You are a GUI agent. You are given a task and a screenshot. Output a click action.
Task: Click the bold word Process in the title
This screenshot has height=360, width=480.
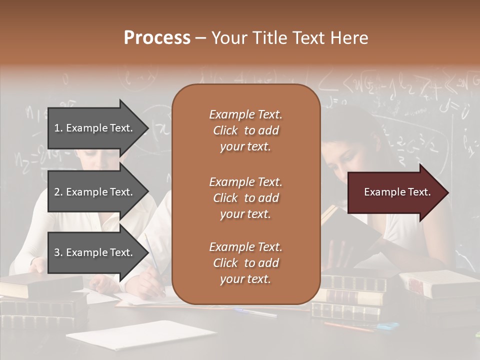click(x=157, y=38)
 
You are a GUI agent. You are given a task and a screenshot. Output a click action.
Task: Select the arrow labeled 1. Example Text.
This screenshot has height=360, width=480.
click(x=95, y=128)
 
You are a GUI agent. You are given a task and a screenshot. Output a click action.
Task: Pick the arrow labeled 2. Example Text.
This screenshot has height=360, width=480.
click(x=95, y=192)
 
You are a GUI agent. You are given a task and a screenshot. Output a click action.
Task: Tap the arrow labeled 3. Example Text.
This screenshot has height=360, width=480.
click(x=95, y=252)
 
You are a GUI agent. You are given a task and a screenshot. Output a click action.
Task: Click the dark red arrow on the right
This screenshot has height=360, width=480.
click(x=395, y=192)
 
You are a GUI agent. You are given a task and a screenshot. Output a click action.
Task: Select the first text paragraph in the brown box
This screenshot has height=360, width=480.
click(x=246, y=130)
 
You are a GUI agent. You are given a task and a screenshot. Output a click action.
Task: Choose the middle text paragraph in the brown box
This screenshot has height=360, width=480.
click(x=246, y=198)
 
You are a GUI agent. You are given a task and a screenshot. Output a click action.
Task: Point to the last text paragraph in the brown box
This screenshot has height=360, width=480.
click(x=246, y=263)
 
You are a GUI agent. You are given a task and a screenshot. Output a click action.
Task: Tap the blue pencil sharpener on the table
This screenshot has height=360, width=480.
click(x=387, y=326)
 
